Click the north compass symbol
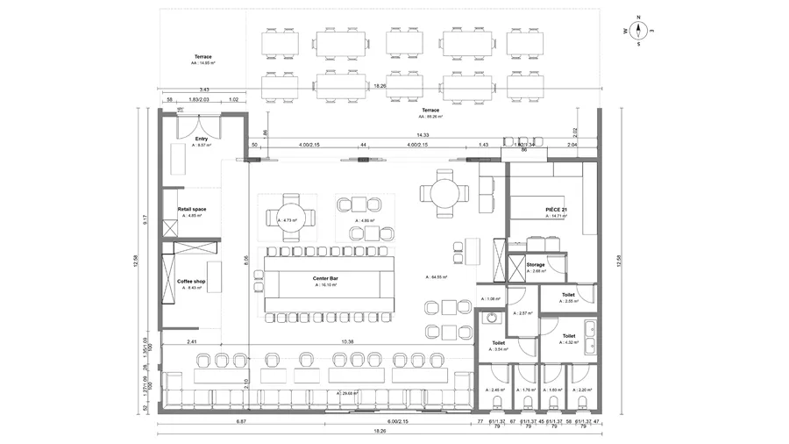tap(639, 30)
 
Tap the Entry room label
tap(202, 139)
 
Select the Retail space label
tap(192, 210)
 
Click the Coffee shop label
tap(191, 282)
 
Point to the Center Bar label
tap(326, 280)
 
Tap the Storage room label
tap(536, 264)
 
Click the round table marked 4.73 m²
tap(288, 220)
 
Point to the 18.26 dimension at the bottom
tap(379, 431)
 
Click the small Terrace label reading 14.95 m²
tap(203, 57)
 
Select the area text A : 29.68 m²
tap(347, 393)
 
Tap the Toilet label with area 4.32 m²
tap(568, 335)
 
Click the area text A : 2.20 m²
tap(582, 390)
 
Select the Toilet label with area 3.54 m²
tap(499, 344)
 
